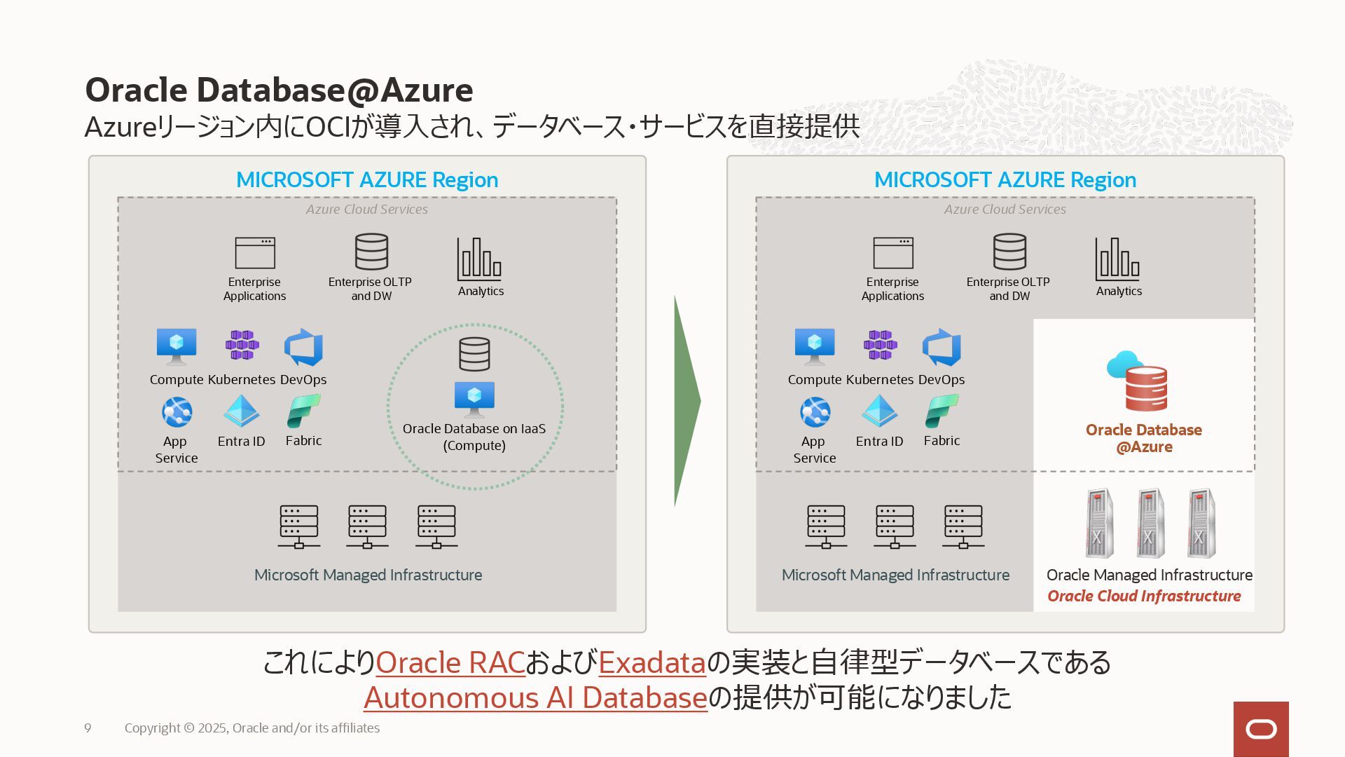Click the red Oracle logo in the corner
coord(1261,729)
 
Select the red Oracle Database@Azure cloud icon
coord(1138,381)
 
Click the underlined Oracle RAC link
coord(450,662)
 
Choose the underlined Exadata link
coord(652,662)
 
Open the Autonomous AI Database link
coord(535,697)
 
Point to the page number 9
coord(88,728)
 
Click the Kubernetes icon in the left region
coord(242,345)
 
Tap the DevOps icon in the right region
coord(941,347)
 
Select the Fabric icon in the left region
coord(303,411)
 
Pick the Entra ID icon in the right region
coord(879,411)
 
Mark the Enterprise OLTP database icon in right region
coord(1009,252)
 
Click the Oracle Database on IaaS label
coord(474,437)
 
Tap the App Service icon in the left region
coord(177,412)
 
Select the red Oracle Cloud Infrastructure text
coord(1144,596)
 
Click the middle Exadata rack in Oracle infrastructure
coord(1150,524)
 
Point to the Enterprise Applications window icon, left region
coord(255,253)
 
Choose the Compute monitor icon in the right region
coord(815,346)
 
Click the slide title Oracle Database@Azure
coord(279,90)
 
